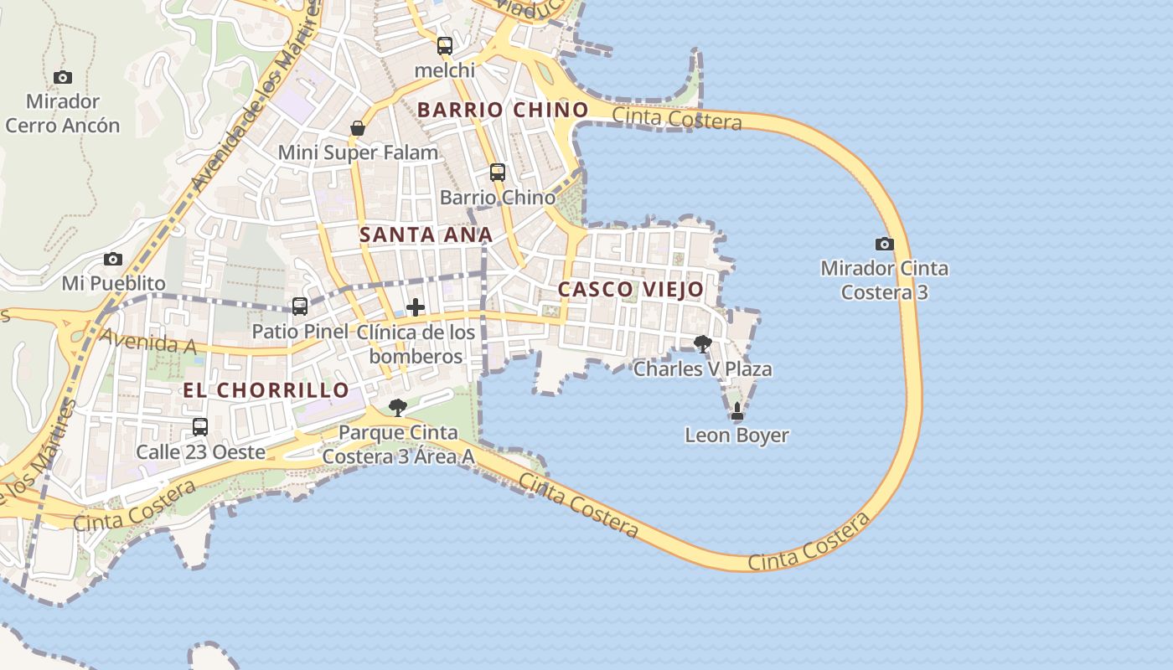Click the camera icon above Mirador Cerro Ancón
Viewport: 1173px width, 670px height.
click(x=63, y=78)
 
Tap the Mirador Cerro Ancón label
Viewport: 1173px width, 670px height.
click(x=63, y=114)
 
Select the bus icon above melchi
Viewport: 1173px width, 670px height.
click(x=445, y=46)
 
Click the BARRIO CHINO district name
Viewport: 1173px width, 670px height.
click(x=503, y=110)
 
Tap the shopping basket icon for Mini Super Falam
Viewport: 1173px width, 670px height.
click(x=358, y=128)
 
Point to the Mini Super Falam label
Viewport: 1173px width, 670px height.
click(x=358, y=152)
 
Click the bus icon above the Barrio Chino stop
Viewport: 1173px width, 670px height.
click(x=498, y=173)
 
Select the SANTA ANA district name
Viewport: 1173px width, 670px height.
click(x=426, y=235)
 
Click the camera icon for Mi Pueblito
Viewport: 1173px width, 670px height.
click(x=113, y=260)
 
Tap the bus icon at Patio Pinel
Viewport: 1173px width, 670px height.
click(x=300, y=307)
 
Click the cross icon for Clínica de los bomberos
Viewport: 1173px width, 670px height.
click(x=416, y=307)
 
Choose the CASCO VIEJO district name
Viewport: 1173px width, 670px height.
click(x=631, y=290)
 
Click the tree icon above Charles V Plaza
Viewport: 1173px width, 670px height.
click(x=703, y=343)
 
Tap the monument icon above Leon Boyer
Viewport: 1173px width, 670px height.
click(x=737, y=411)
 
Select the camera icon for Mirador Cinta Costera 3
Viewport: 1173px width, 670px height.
click(x=884, y=245)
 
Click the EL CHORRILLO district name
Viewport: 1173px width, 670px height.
click(x=266, y=390)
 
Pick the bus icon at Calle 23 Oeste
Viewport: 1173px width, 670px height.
click(x=200, y=427)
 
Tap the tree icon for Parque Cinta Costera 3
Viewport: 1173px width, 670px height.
click(x=398, y=408)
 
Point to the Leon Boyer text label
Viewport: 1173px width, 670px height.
click(x=736, y=435)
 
